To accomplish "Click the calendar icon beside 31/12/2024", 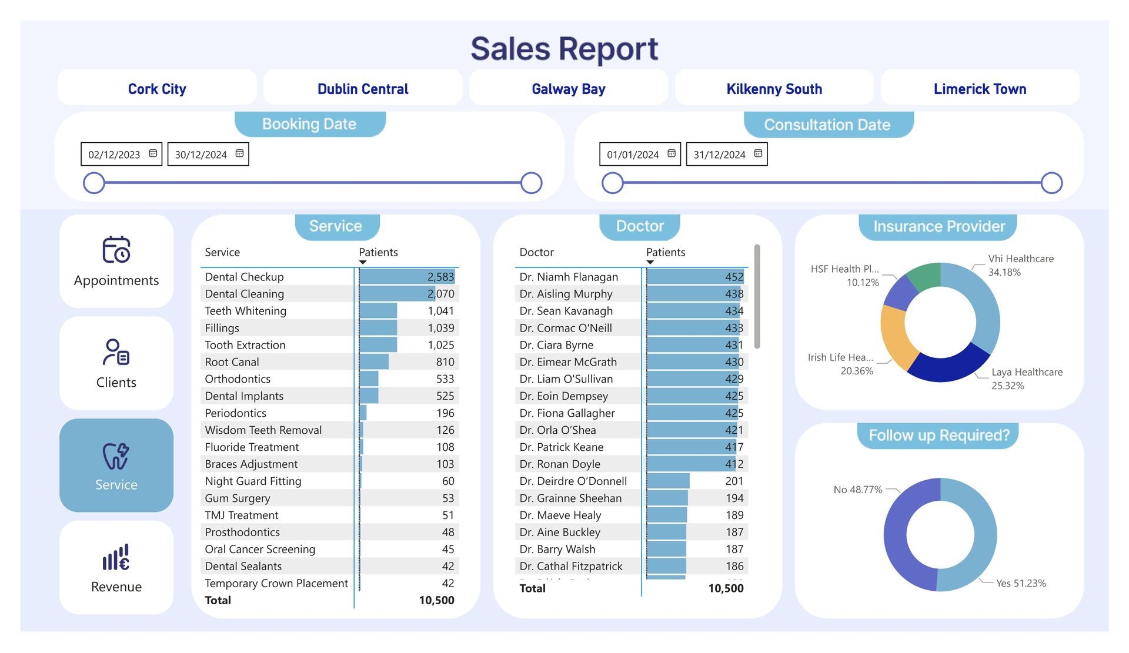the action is pyautogui.click(x=758, y=153).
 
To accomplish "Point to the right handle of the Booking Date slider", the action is pyautogui.click(x=531, y=183).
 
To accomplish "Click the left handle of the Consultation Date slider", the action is pyautogui.click(x=613, y=183).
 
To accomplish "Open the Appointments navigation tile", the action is pyautogui.click(x=116, y=261).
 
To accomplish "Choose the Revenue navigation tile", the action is pyautogui.click(x=116, y=568).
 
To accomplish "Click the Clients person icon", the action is pyautogui.click(x=116, y=352).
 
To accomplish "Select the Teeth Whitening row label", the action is pyautogui.click(x=245, y=311).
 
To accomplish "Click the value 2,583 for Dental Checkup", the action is pyautogui.click(x=440, y=277).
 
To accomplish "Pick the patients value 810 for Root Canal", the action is pyautogui.click(x=445, y=362).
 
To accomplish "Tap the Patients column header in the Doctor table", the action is pyautogui.click(x=666, y=252).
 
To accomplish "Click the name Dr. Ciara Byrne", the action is pyautogui.click(x=556, y=345).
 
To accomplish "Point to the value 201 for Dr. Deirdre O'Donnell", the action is pyautogui.click(x=734, y=481).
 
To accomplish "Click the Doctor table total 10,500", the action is pyautogui.click(x=726, y=588).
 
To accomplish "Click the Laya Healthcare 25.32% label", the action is pyautogui.click(x=1027, y=379).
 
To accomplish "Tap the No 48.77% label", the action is pyautogui.click(x=858, y=490).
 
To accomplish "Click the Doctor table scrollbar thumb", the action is pyautogui.click(x=757, y=296).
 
